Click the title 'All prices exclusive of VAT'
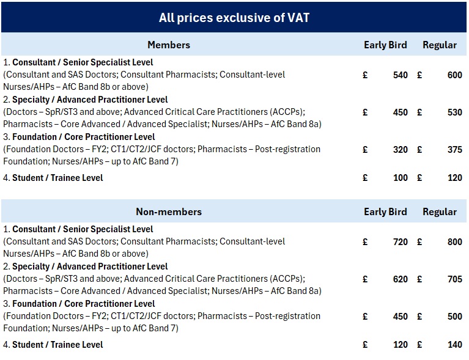[234, 18]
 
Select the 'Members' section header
[169, 45]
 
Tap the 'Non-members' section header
[169, 212]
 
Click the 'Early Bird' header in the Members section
[385, 45]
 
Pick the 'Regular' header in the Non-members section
[440, 212]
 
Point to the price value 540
[400, 75]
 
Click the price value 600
[454, 75]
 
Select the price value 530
[454, 112]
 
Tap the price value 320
[400, 150]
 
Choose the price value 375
[454, 150]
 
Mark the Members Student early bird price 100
[400, 178]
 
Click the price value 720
[400, 242]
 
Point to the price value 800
[454, 242]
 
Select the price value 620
[400, 279]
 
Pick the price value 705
[454, 279]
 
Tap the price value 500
[454, 317]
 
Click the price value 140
[454, 345]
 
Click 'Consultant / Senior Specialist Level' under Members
[83, 62]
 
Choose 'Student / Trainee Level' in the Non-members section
[57, 345]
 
